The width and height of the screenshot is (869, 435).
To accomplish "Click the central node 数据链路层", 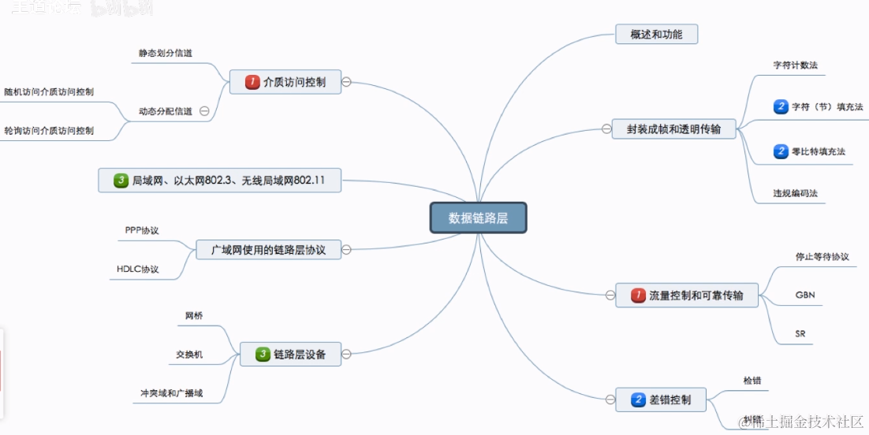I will (x=478, y=218).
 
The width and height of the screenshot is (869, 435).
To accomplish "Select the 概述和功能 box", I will (x=656, y=35).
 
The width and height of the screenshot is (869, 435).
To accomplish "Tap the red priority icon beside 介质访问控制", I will (x=252, y=82).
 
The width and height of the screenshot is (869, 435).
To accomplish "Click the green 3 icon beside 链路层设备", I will (x=263, y=355).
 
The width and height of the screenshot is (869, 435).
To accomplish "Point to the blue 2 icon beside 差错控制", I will (x=638, y=400).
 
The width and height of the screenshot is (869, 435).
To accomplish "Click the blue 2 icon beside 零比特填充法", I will (x=781, y=151).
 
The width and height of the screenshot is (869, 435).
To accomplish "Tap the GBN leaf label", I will (x=805, y=295).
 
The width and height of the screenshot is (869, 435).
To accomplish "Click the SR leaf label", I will (x=800, y=334).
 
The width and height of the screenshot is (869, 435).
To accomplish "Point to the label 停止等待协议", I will (x=822, y=256).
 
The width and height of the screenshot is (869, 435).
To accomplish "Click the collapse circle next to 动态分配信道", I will (x=204, y=111).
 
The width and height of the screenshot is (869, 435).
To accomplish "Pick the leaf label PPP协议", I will (x=142, y=230).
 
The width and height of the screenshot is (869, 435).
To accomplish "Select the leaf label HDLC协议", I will (x=137, y=270).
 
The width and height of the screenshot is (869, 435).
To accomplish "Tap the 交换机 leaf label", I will (x=189, y=355).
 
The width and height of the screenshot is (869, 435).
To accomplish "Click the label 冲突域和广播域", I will (x=166, y=392).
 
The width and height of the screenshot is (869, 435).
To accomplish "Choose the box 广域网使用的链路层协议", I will (x=268, y=250).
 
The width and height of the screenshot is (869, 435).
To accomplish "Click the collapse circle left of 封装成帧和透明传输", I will (x=606, y=129).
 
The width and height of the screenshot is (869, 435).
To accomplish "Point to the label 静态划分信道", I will (x=165, y=53).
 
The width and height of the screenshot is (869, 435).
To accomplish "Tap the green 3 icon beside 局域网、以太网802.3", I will (x=121, y=180).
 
